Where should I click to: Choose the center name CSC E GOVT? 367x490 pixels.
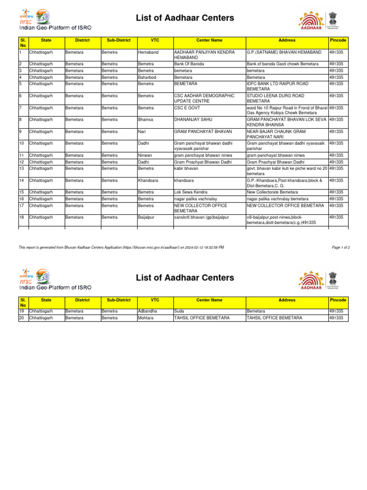click(x=187, y=108)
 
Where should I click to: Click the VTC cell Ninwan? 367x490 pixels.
click(x=145, y=155)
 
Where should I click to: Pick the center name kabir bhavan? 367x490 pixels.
click(x=186, y=168)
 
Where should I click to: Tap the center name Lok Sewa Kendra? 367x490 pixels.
click(x=190, y=192)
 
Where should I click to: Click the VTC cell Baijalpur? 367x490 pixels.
click(x=147, y=217)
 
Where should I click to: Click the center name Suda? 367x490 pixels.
click(x=179, y=311)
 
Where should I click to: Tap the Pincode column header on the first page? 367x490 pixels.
click(x=338, y=40)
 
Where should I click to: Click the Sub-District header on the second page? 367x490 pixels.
click(x=119, y=300)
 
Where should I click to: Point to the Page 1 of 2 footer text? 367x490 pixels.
click(x=341, y=247)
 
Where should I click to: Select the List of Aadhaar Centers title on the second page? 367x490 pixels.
click(x=185, y=278)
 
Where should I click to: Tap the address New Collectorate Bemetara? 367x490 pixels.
click(x=276, y=192)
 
